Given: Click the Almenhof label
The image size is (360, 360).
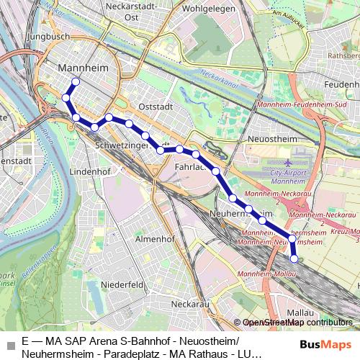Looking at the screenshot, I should (156, 238).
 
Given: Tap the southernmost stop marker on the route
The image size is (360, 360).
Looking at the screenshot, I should (294, 258).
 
